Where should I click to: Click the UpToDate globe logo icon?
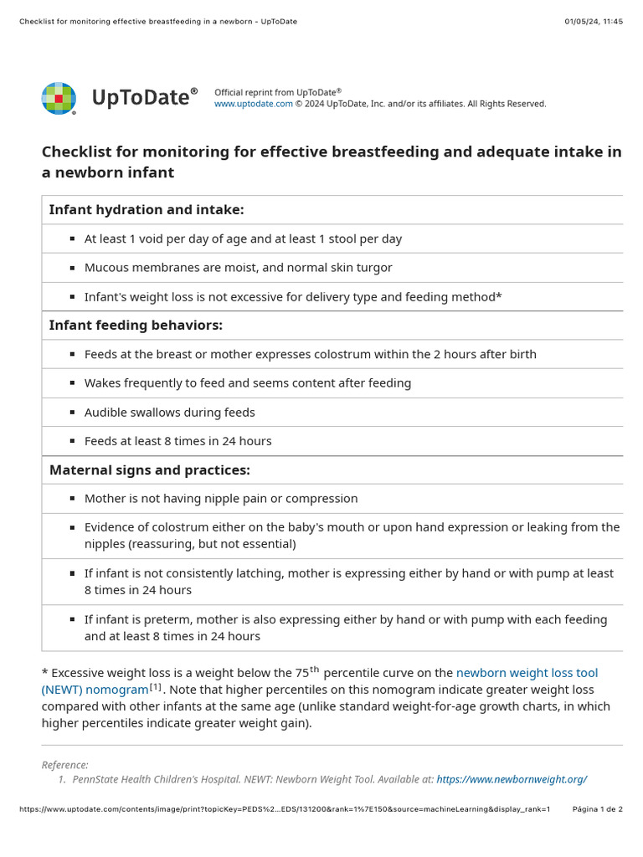(x=59, y=99)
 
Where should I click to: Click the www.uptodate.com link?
(x=254, y=104)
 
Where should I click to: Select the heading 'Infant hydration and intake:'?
(x=147, y=210)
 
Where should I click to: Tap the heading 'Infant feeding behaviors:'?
(x=136, y=325)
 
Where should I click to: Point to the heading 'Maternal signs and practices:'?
(x=150, y=470)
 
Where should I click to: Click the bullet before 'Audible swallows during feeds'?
(x=73, y=413)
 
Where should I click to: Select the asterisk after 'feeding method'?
(x=499, y=296)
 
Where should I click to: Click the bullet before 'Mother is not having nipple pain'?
(x=73, y=499)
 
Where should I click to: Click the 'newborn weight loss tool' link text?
(x=527, y=673)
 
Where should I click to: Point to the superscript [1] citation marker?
(x=156, y=687)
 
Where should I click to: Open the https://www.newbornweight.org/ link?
(x=512, y=779)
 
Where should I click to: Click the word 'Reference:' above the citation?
(x=64, y=765)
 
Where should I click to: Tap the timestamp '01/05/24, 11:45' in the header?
(x=594, y=22)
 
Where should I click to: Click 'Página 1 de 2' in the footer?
(x=597, y=809)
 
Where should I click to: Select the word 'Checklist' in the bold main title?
(x=78, y=151)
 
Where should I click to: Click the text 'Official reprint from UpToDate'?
(x=275, y=92)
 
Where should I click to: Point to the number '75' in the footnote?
(x=302, y=673)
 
